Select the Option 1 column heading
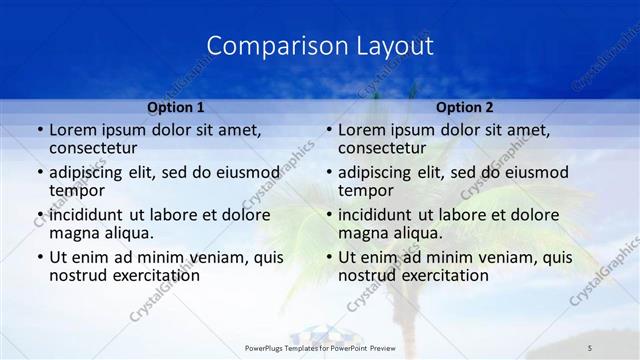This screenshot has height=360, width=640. click(x=176, y=107)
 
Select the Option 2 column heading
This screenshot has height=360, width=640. click(x=465, y=107)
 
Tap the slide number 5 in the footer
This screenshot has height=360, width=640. click(x=590, y=347)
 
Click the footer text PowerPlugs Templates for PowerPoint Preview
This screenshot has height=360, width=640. click(x=320, y=347)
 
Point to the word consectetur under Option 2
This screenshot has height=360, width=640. click(x=382, y=148)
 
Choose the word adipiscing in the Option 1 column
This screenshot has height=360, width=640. click(x=89, y=172)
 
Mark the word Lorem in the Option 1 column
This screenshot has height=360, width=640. click(x=72, y=130)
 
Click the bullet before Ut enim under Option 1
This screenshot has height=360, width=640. click(x=39, y=258)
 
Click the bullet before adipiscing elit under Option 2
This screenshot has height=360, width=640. click(x=328, y=173)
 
